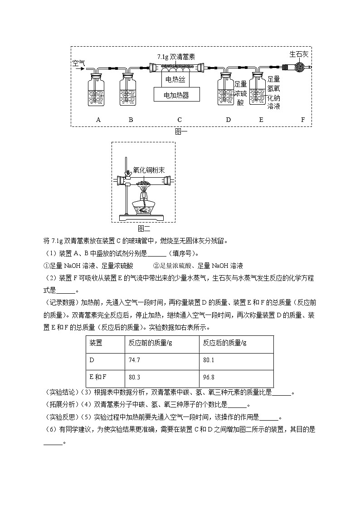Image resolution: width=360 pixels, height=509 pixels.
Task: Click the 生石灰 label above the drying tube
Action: [x=299, y=54]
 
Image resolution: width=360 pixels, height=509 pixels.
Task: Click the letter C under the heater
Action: [x=180, y=120]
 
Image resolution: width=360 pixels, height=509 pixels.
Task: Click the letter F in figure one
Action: [x=303, y=120]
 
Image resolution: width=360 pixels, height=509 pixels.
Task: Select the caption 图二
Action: [x=143, y=228]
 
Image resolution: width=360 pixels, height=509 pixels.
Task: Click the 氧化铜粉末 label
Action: [x=149, y=170]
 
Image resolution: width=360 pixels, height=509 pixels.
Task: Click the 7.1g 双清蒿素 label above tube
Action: [x=176, y=57]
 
